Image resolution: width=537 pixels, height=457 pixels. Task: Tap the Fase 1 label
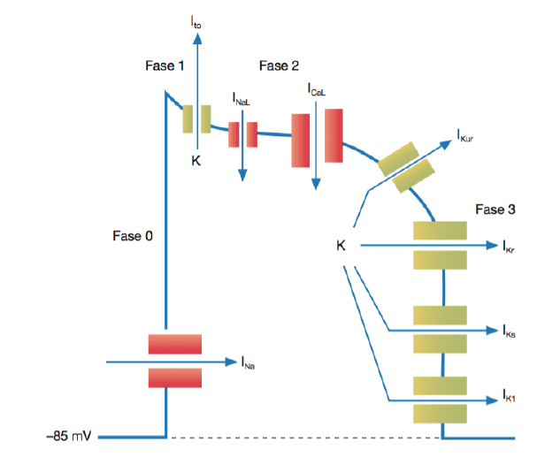tap(165, 66)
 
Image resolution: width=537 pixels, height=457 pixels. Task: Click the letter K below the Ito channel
tap(196, 160)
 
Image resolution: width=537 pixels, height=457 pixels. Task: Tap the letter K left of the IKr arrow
tap(341, 245)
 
